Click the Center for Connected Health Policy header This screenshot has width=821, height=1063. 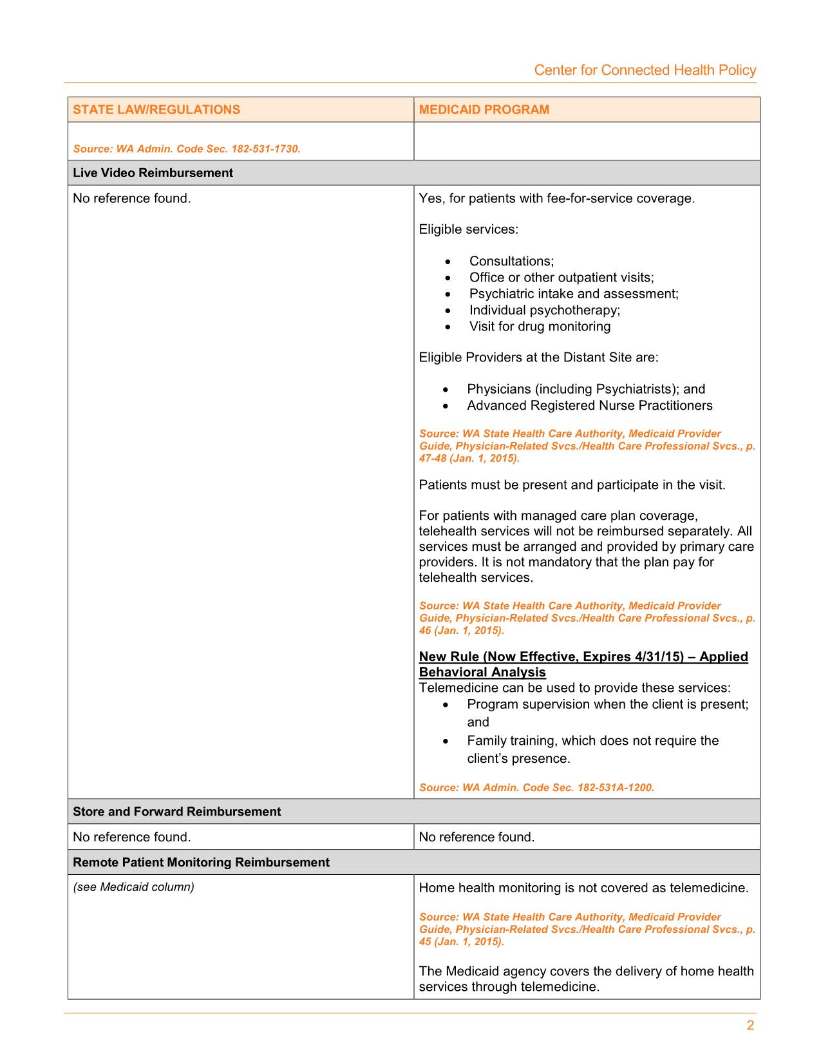point(645,70)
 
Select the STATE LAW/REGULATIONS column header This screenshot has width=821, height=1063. point(156,110)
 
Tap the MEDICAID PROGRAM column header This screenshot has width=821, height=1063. point(484,110)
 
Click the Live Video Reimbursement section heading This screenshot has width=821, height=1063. point(153,173)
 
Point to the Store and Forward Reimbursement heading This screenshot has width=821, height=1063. point(176,811)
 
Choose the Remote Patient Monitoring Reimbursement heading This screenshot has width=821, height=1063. point(201,862)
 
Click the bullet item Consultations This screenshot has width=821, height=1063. point(511,261)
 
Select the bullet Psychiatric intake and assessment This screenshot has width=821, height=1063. point(574,294)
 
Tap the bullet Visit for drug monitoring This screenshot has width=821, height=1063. point(540,326)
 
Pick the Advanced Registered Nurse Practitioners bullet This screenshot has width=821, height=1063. point(589,405)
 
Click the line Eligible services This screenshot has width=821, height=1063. point(468,229)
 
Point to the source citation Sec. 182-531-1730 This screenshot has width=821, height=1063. point(187,149)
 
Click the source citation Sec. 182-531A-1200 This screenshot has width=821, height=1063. point(536,787)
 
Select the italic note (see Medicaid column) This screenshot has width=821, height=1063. point(133,887)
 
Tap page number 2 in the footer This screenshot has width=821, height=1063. point(750,1026)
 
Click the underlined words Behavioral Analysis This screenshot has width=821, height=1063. point(482,672)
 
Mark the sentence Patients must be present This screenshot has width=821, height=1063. point(572,485)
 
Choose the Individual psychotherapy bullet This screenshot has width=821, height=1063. point(545,310)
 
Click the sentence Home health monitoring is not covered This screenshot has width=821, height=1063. point(583,888)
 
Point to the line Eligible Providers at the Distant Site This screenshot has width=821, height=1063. point(538,358)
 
